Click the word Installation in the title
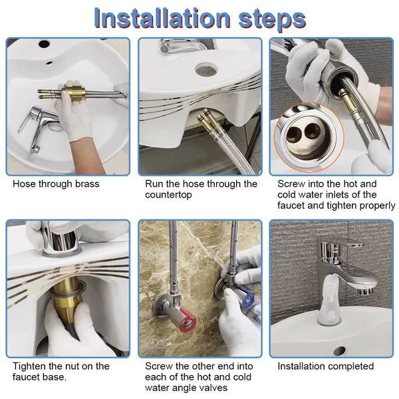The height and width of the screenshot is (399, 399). (162, 19)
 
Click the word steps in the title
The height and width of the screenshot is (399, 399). (272, 20)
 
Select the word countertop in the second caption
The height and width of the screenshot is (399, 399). (168, 195)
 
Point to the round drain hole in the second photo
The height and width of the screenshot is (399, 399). (206, 68)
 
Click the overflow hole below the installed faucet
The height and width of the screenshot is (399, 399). (339, 350)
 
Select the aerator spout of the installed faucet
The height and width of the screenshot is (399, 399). (366, 290)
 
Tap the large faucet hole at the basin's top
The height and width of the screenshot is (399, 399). (44, 43)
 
